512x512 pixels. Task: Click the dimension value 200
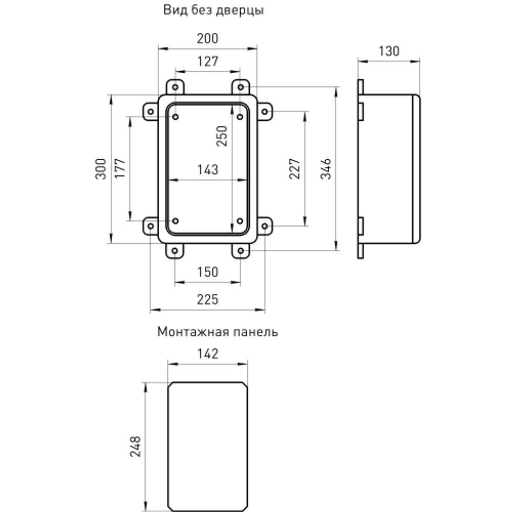[207, 38]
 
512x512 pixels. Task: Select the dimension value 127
[207, 62]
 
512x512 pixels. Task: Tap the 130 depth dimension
[389, 51]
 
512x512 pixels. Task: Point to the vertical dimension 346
[326, 169]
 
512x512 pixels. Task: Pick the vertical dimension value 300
[101, 169]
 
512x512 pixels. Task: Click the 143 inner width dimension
[207, 169]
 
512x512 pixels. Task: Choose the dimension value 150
[207, 272]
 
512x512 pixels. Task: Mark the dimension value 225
[207, 300]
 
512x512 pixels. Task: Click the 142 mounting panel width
[207, 354]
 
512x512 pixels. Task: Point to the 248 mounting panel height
[135, 446]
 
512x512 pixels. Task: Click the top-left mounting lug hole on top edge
[175, 87]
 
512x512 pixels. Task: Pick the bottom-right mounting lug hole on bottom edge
[240, 251]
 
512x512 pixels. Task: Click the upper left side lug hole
[151, 112]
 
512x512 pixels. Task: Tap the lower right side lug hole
[264, 226]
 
